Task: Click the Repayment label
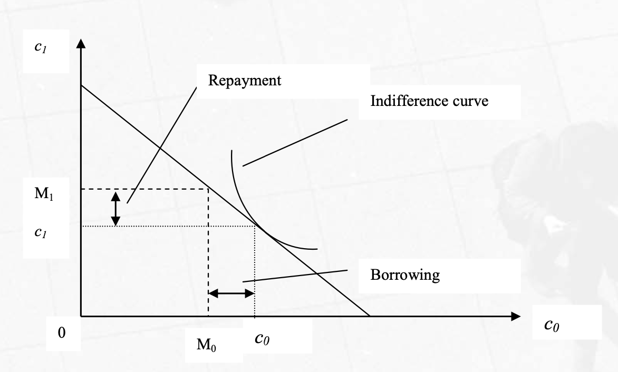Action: click(x=245, y=81)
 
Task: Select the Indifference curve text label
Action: click(x=429, y=101)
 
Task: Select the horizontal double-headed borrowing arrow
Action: click(x=232, y=293)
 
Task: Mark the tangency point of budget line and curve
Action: click(x=256, y=226)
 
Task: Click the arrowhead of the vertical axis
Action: click(x=81, y=43)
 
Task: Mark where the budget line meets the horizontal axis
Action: click(x=370, y=316)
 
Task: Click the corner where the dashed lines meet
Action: click(x=208, y=189)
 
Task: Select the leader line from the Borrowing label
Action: click(x=295, y=276)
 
